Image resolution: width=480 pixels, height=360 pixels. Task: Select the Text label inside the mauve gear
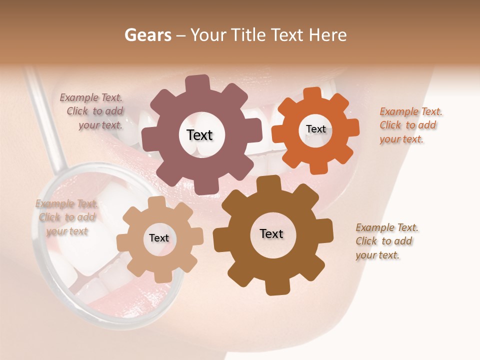(200, 135)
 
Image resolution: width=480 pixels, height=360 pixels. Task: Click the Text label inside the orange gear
(315, 129)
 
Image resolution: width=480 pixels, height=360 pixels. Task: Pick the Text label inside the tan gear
(159, 238)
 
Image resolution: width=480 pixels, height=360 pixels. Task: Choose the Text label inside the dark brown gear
(271, 234)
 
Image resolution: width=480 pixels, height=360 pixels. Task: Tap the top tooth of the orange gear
(313, 94)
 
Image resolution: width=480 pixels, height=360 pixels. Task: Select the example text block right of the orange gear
(410, 125)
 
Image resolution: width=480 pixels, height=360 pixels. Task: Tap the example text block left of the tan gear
(66, 217)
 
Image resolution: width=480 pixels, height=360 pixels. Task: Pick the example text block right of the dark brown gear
(386, 241)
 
